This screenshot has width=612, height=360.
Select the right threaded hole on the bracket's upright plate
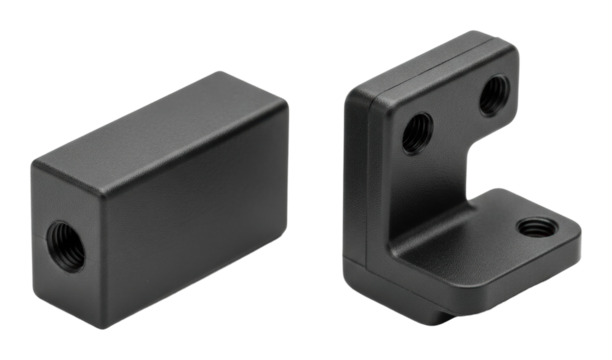click(x=494, y=98)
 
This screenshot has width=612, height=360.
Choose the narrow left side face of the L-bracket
click(x=356, y=180)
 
